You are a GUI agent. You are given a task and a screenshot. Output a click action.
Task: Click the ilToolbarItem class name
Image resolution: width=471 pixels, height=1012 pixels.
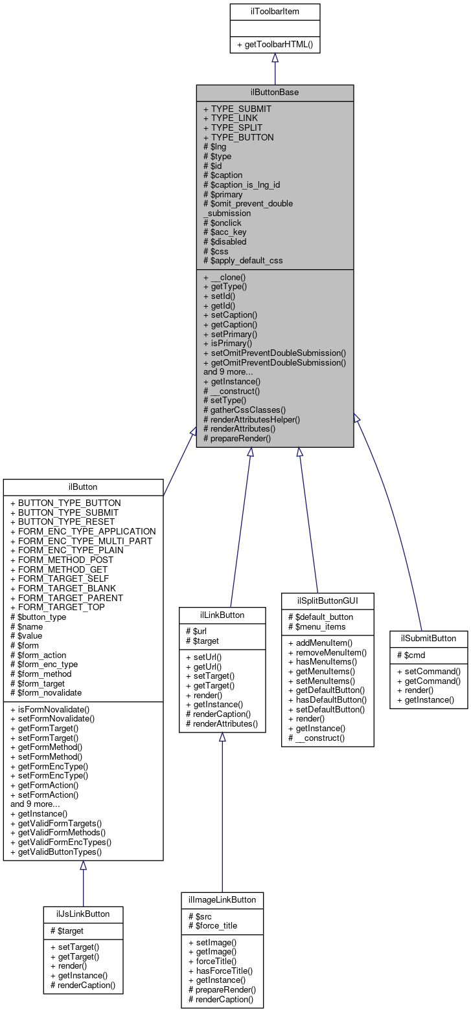pos(275,11)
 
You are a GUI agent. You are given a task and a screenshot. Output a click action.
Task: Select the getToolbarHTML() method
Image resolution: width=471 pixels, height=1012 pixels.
pos(275,45)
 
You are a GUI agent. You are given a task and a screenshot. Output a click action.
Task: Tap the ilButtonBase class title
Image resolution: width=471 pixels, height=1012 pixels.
pos(275,93)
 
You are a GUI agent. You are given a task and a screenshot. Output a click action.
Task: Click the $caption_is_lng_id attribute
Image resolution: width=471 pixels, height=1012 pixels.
pos(242,184)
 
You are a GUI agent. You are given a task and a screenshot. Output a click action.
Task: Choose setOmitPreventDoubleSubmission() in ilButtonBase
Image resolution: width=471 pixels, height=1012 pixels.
pos(275,353)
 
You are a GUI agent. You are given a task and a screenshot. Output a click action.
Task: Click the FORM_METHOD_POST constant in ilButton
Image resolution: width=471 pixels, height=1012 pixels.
pos(62,560)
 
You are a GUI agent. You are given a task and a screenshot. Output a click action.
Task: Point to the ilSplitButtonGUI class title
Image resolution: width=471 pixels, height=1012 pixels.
pos(327,600)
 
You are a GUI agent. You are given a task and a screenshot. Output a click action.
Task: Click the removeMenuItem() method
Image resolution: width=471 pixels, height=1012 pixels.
pos(327,652)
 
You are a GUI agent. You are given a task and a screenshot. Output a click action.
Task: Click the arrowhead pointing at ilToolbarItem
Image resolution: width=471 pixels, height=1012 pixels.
pos(275,58)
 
